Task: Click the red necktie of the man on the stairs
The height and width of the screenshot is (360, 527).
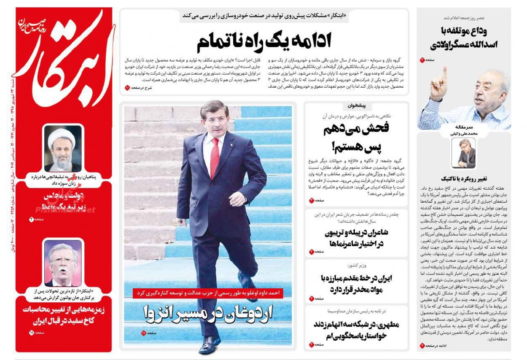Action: pyautogui.click(x=214, y=156)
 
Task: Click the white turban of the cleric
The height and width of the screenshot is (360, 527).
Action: pyautogui.click(x=62, y=136)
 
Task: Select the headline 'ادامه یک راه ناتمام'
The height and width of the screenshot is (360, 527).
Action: pyautogui.click(x=264, y=41)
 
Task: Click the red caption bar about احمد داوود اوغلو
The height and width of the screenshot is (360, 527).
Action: pyautogui.click(x=208, y=293)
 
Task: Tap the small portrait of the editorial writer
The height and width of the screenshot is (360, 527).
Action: pyautogui.click(x=463, y=153)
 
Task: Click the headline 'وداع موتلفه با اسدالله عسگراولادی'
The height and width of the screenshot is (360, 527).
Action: pyautogui.click(x=464, y=38)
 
